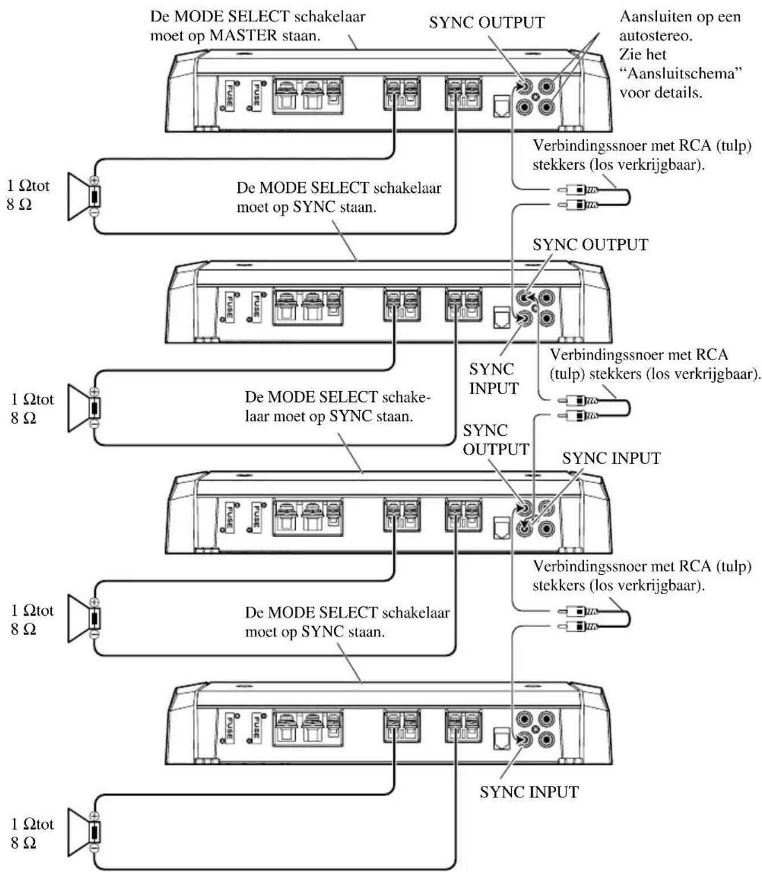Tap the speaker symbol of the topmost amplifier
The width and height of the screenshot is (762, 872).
point(84,196)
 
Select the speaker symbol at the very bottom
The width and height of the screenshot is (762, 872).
point(84,832)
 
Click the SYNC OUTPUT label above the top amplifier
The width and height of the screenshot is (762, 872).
point(487,23)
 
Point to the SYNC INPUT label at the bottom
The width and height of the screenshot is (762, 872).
point(529,792)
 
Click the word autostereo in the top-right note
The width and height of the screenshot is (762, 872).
point(656,36)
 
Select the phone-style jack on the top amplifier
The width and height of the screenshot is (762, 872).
point(502,106)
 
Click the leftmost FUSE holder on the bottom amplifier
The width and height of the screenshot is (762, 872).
point(230,728)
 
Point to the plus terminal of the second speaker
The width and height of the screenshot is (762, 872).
point(95,392)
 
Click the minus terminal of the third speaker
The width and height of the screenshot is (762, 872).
point(95,635)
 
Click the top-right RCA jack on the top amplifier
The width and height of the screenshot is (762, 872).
point(546,87)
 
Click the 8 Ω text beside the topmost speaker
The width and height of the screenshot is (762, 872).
point(19,204)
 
